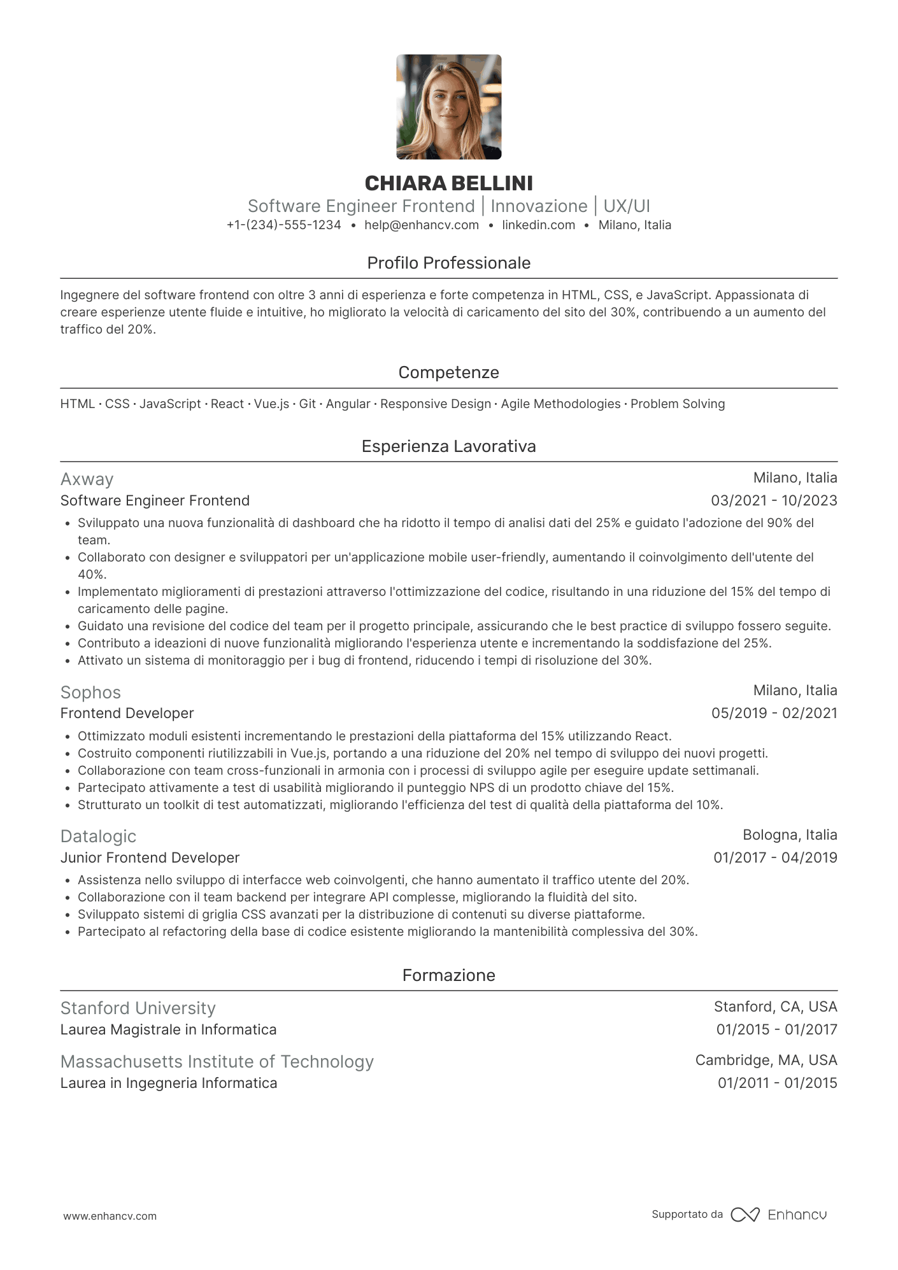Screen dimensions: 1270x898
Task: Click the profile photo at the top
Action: pos(448,107)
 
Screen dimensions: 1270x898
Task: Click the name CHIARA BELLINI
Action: pos(448,183)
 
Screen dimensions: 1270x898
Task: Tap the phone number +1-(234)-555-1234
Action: pos(283,225)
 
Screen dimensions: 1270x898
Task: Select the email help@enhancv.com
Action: pos(421,225)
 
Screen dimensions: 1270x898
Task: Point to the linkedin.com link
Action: pos(538,225)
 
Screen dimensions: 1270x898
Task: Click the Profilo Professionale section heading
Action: pos(448,263)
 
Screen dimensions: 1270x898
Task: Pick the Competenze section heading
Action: pos(448,372)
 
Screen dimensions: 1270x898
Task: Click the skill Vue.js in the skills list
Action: pos(271,404)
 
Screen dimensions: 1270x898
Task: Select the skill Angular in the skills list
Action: pos(348,404)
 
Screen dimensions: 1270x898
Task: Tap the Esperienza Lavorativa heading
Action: pos(448,446)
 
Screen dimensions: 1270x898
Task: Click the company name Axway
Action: pos(87,479)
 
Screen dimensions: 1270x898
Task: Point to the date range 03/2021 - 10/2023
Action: pos(774,500)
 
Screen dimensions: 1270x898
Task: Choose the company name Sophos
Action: pos(90,693)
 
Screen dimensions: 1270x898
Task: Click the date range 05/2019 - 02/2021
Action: pos(774,713)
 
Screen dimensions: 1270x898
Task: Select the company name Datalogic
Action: pos(98,836)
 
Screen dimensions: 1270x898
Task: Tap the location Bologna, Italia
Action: pos(790,835)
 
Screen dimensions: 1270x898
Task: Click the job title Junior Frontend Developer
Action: pos(150,857)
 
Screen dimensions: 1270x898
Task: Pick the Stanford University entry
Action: pos(138,1008)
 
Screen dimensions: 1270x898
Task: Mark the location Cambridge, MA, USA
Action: pos(766,1060)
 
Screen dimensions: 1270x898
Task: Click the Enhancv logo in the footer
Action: pos(780,1215)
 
